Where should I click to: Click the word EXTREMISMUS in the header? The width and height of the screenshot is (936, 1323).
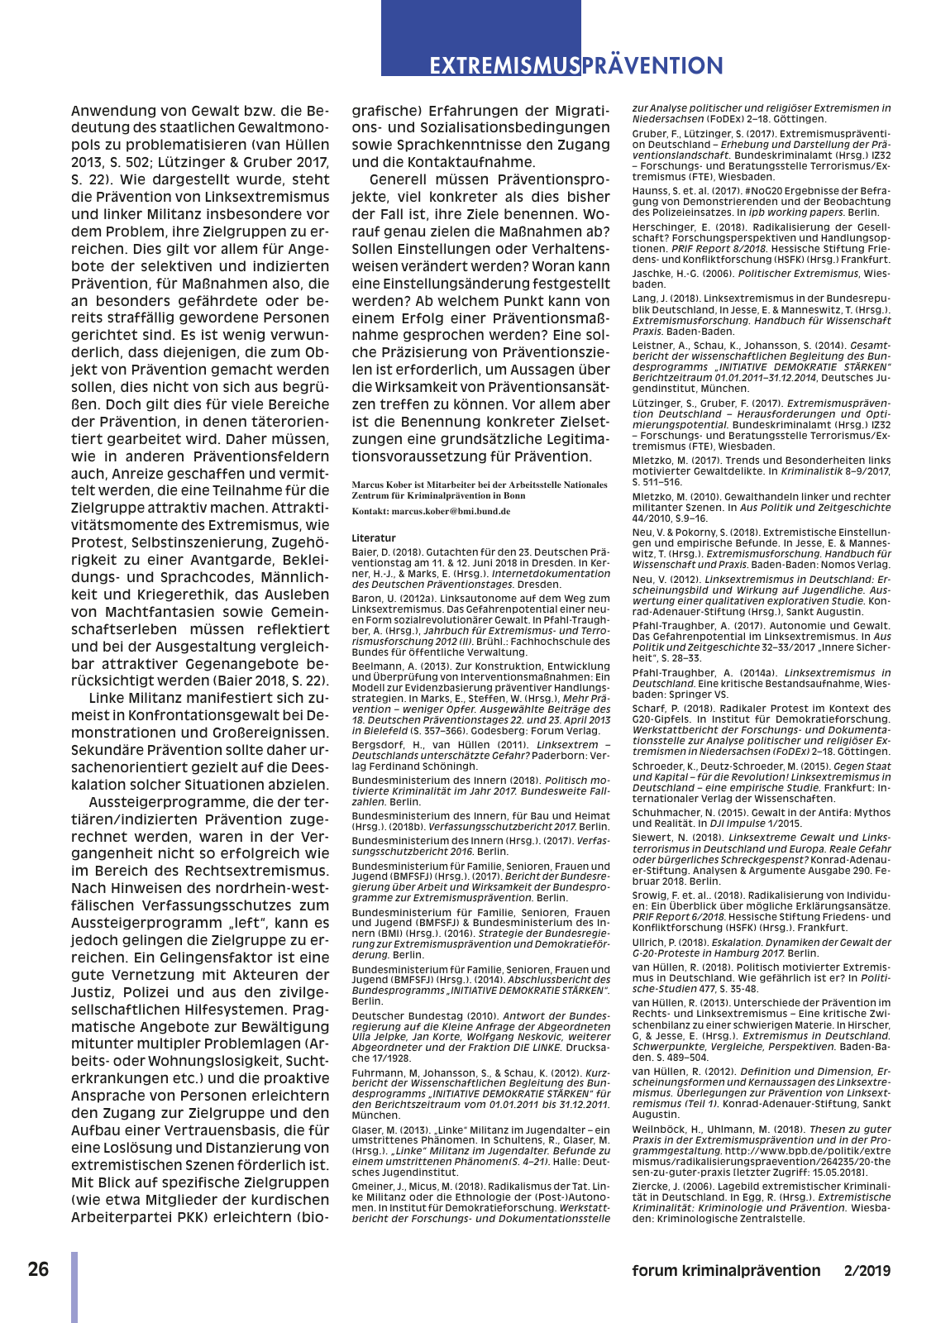tap(504, 65)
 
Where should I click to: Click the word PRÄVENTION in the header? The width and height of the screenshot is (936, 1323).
tap(652, 65)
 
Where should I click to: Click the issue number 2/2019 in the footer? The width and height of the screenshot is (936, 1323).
tap(867, 1271)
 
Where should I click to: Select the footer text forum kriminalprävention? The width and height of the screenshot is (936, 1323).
tap(726, 1271)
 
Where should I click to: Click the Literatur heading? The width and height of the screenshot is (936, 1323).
tap(374, 537)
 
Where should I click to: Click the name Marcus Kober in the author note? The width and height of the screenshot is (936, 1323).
tap(383, 485)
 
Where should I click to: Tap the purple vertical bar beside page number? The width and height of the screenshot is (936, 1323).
tap(74, 1287)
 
